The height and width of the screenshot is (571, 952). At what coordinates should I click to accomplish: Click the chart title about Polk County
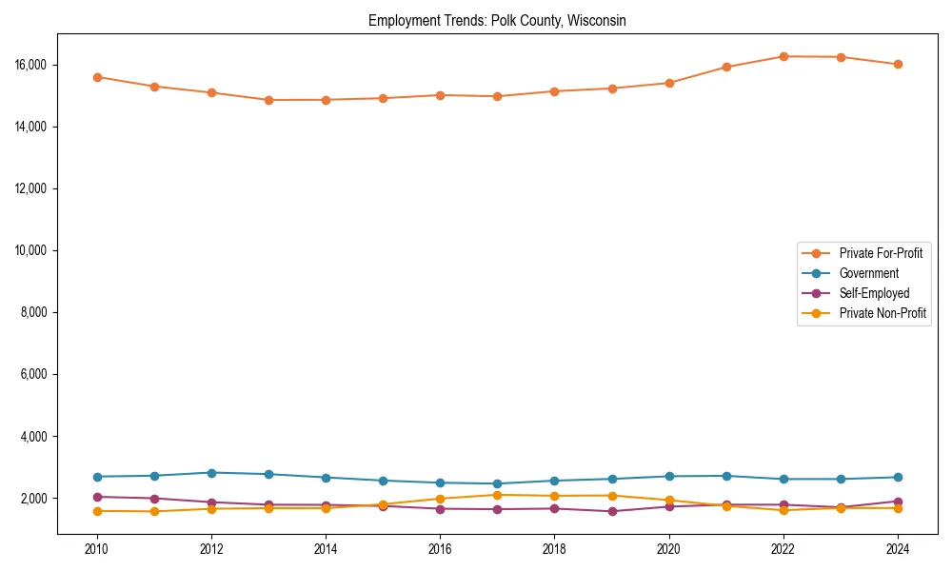pyautogui.click(x=497, y=21)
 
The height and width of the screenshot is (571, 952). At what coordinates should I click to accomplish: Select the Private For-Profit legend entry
pyautogui.click(x=875, y=253)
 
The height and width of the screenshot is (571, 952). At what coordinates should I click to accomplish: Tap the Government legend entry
pyautogui.click(x=868, y=273)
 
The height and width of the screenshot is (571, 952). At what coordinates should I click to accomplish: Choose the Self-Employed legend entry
pyautogui.click(x=874, y=293)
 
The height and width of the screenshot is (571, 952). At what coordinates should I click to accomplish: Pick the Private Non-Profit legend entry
pyautogui.click(x=883, y=313)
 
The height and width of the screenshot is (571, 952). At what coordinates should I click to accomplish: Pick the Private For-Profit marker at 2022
pyautogui.click(x=783, y=56)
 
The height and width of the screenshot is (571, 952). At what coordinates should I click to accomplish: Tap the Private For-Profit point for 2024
pyautogui.click(x=898, y=65)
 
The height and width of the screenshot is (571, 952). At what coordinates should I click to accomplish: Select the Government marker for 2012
pyautogui.click(x=211, y=473)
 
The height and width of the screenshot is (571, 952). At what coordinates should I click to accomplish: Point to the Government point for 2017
pyautogui.click(x=497, y=483)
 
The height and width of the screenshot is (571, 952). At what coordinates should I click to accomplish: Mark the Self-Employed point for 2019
pyautogui.click(x=612, y=511)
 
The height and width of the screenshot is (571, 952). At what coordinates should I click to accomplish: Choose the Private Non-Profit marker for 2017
pyautogui.click(x=497, y=495)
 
